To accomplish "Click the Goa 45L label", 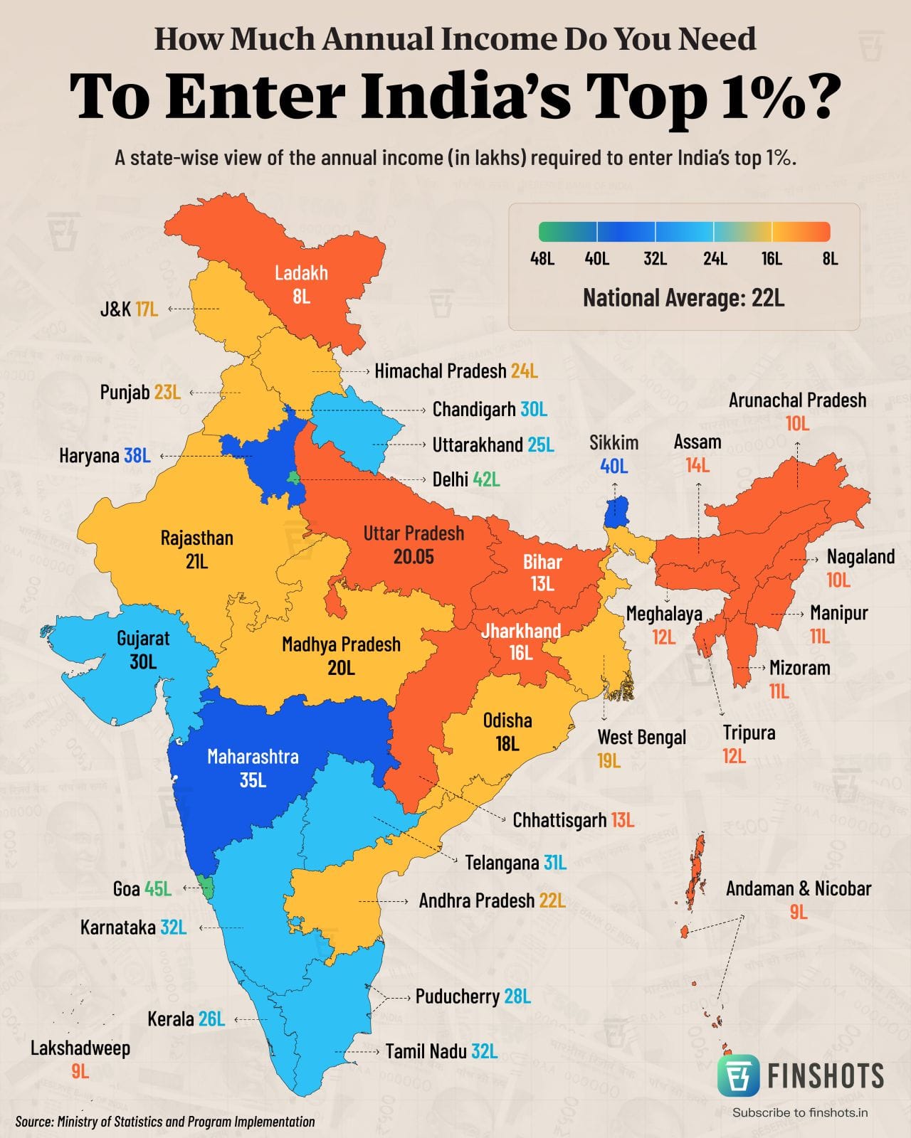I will pos(142,888).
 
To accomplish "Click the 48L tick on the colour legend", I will pos(542,258).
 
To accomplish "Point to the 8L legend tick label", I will pos(830,258).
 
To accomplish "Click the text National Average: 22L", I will pos(683,297).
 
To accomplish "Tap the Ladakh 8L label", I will pos(301,284).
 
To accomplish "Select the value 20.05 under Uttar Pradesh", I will pos(414,557).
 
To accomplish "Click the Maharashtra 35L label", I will pos(253,767).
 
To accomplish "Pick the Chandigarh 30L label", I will pos(490,410).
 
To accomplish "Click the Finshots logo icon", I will pos(738,1075).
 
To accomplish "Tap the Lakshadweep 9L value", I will pos(80,1071).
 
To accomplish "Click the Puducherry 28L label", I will pos(473,996).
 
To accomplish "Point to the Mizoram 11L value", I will pos(779,691).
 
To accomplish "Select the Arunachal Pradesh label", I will pos(797,400).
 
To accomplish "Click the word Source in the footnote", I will pos(33,1122).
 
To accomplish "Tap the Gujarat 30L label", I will pos(143,649).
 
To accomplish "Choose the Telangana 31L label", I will pos(515,863).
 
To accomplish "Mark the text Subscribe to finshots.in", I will pos(800,1112).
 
